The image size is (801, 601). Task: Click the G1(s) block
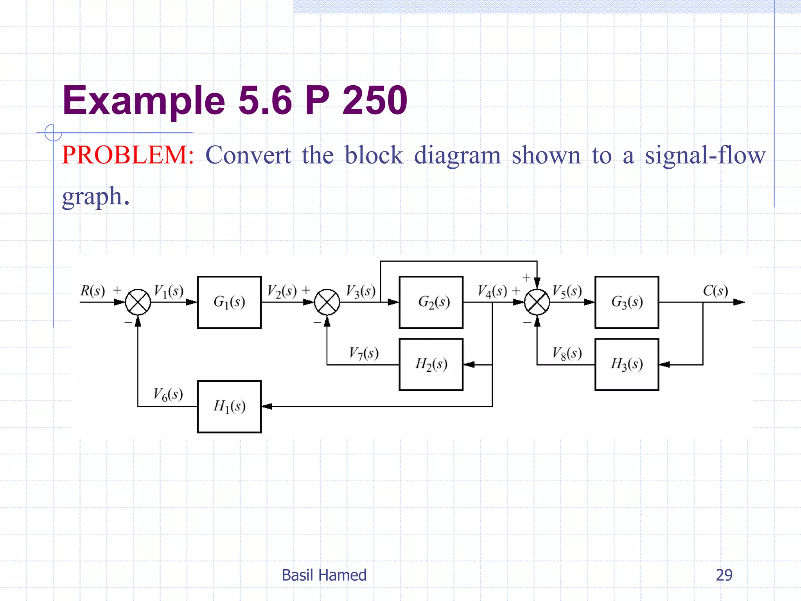coord(229,302)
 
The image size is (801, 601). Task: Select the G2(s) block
coord(431,302)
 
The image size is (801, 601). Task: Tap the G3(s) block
coord(627,302)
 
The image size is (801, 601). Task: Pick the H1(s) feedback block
coord(229,407)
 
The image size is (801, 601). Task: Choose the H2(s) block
coord(431,364)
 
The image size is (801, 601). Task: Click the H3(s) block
coord(627,364)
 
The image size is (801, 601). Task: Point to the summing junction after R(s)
coord(138,302)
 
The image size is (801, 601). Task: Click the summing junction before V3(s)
coord(327,302)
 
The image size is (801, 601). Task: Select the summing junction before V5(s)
coord(537,302)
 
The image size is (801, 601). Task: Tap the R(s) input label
coord(93,291)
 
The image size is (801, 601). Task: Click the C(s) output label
coord(715,291)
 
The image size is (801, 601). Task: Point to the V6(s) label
coord(168,394)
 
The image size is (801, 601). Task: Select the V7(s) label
coord(363,353)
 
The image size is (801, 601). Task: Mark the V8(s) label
coord(567,353)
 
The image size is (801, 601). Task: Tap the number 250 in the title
coord(374,101)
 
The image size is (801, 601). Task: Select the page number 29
coord(724,575)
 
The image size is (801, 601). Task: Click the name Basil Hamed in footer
coord(324,575)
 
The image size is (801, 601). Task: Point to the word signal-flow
coord(705,156)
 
